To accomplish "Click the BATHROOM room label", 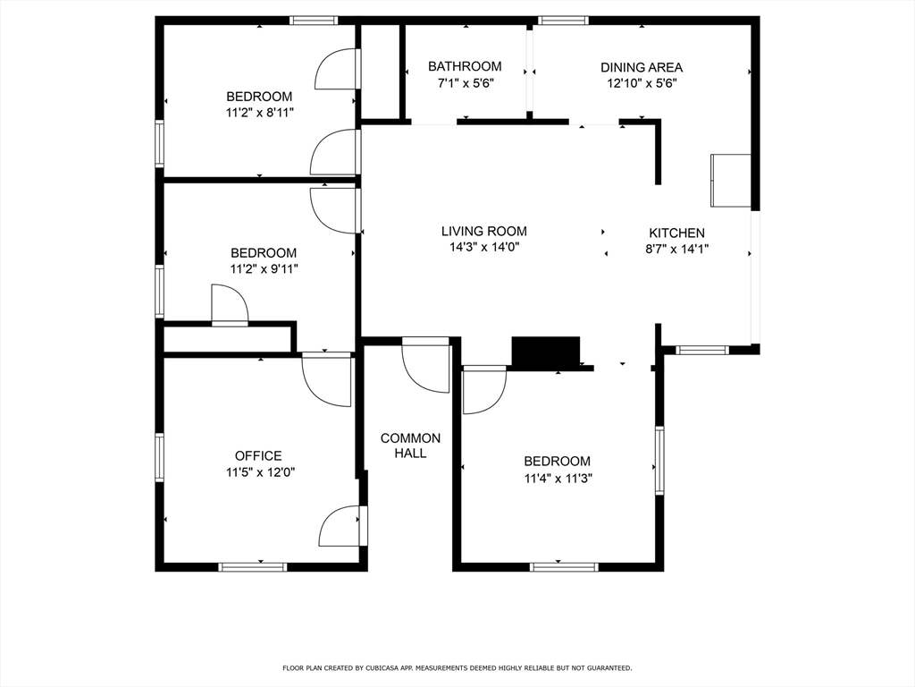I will tap(465, 66).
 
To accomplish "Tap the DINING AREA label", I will tap(641, 67).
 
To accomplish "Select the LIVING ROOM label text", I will tap(483, 231).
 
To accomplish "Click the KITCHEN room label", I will tap(676, 233).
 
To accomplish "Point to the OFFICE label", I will tap(258, 455).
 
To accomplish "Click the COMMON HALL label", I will tap(410, 445).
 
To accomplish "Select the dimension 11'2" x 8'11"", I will tap(259, 113).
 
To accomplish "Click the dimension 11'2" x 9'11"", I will tap(264, 268).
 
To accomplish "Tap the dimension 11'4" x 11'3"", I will tap(557, 478).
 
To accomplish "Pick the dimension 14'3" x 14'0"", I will tap(483, 248).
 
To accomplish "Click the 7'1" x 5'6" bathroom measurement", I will tap(465, 83).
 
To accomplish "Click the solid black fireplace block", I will tap(545, 351).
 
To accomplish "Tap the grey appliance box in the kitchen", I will tap(730, 180).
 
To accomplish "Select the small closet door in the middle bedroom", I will tap(230, 304).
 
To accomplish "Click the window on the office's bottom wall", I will tap(253, 566).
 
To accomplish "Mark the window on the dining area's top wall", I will tap(563, 20).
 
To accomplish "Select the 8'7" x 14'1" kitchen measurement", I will tap(676, 250).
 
